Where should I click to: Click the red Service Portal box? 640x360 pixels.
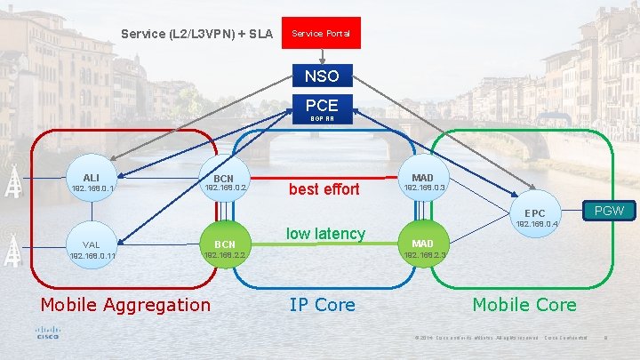321,34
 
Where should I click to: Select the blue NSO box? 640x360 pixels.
322,76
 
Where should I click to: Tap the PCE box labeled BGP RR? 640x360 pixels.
322,108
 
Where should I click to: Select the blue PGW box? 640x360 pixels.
609,211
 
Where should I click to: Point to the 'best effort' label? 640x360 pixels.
324,189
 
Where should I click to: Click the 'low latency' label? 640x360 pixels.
325,234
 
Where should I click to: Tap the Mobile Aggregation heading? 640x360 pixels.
125,305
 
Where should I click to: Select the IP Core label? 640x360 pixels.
322,305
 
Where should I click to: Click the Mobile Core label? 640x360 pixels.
524,305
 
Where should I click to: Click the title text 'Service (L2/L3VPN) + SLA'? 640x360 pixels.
196,35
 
